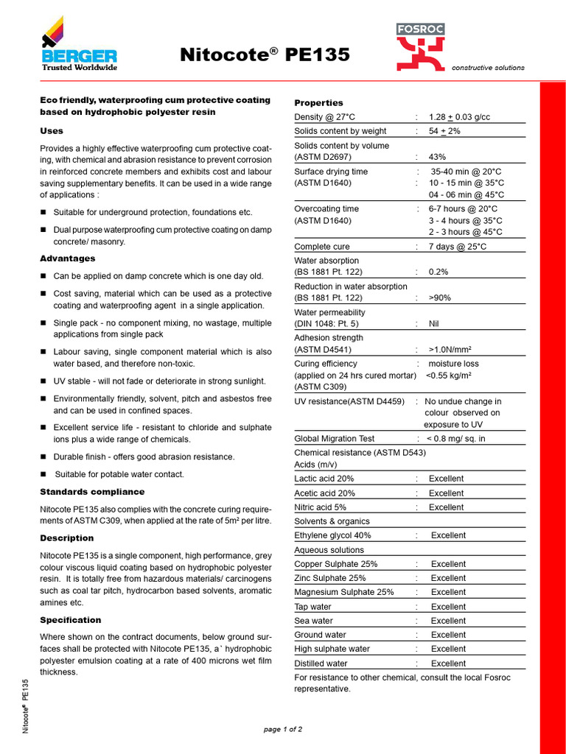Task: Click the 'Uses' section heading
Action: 52,131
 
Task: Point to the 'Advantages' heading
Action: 67,258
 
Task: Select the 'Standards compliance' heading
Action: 92,492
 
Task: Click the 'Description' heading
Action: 66,538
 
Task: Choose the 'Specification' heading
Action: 70,620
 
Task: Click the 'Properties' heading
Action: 318,103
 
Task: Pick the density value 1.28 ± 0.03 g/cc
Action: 459,117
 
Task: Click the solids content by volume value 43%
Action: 437,157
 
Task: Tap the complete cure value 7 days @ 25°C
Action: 457,247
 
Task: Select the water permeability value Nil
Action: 434,323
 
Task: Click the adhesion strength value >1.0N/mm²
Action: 450,350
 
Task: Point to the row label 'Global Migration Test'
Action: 334,439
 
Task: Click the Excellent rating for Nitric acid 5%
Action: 446,507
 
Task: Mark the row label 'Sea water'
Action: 313,621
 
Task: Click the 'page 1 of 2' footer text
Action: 283,729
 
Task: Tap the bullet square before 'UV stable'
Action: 43,381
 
